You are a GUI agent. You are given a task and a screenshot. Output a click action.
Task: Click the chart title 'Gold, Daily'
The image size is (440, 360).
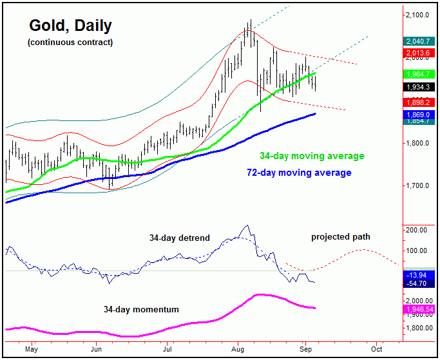coord(70,26)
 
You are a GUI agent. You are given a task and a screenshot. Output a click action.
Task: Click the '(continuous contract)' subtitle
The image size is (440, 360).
coord(70,43)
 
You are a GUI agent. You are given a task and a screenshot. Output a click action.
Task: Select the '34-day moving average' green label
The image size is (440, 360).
coord(312,156)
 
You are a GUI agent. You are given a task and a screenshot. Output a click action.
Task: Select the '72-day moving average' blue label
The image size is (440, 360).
coord(300,173)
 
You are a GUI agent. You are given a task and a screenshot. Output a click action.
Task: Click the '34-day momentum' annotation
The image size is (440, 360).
coord(141,310)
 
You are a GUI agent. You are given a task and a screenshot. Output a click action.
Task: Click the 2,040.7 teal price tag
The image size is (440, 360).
coord(419,40)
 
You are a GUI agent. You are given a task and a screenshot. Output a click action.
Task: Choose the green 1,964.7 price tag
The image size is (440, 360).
coord(419,74)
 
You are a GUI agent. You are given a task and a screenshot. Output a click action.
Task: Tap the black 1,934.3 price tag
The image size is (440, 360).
coord(419,87)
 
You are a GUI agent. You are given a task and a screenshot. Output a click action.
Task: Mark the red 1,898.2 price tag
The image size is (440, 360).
coord(419,102)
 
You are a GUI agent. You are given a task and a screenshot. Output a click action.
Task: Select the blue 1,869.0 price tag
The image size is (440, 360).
coord(419,114)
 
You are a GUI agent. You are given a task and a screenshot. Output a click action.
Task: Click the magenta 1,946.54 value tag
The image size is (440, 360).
coord(419,309)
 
